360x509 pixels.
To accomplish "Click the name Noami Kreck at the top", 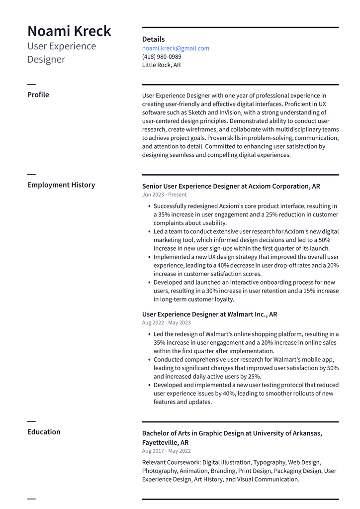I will click(69, 31).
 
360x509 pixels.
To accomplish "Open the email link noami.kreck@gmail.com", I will click(176, 48).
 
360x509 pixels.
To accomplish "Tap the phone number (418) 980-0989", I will click(162, 57).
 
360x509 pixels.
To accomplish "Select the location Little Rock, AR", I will click(161, 65).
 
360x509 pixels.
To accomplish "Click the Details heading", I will click(153, 39).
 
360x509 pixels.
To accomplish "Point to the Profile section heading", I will click(38, 95).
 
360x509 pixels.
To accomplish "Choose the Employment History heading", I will click(61, 185).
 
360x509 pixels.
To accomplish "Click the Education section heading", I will click(44, 432).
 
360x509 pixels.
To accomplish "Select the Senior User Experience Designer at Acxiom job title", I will click(231, 186).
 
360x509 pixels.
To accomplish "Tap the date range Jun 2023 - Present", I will click(164, 195).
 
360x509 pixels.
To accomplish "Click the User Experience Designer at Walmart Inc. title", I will click(209, 314).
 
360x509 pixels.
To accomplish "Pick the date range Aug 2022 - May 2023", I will click(166, 323).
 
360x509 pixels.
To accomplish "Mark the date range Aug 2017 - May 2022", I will click(166, 451).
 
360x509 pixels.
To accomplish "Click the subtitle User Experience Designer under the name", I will click(62, 53).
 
